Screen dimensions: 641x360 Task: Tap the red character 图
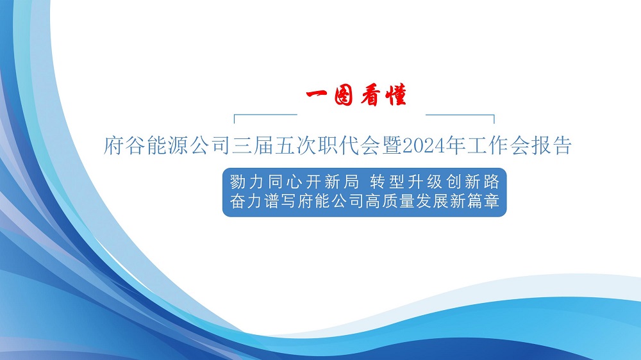(343, 96)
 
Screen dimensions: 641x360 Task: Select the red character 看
(370, 95)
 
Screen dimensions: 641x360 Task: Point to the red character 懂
(395, 95)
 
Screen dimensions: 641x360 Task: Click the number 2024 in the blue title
(423, 146)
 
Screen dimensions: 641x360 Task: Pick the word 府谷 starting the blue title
(124, 146)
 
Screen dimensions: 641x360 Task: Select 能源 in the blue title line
(167, 146)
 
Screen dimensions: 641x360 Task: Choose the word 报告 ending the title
(551, 146)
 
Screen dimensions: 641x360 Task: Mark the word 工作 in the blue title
(487, 146)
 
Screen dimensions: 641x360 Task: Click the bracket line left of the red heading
(265, 115)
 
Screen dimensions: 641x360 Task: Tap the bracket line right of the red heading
(460, 115)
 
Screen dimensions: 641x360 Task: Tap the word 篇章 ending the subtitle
(483, 200)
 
